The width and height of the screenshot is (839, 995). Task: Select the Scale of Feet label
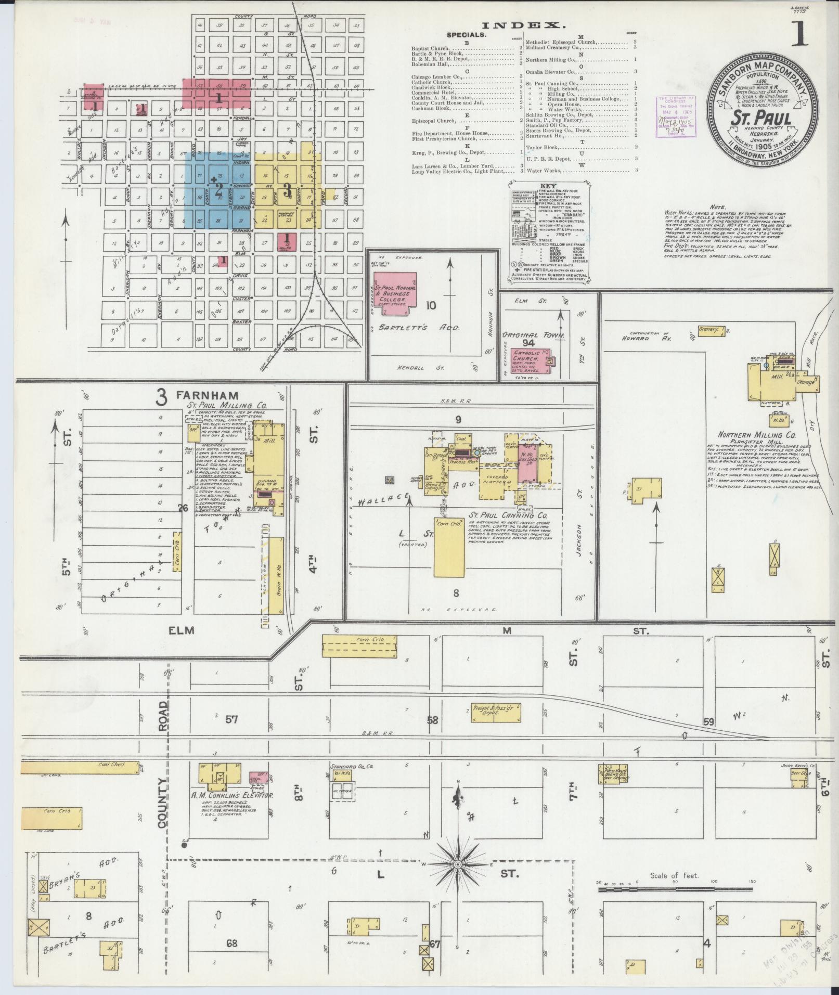click(x=674, y=875)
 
